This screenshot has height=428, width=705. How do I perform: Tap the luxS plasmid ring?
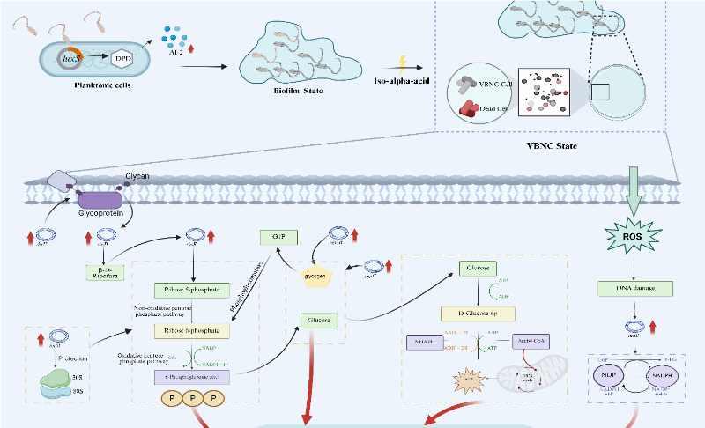[70, 60]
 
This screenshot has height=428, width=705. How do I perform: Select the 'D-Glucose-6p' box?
[479, 312]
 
